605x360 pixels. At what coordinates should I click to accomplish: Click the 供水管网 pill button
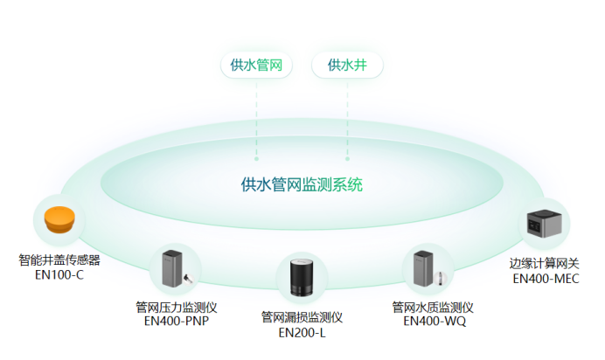pos(256,66)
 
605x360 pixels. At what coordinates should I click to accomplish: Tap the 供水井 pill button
pos(347,66)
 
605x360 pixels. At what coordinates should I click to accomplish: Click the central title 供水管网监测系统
pos(302,184)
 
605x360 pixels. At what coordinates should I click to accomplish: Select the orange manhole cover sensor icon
pos(59,218)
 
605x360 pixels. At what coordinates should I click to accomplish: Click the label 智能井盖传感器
pos(59,260)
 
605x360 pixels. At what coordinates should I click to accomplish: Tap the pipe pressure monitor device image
pos(175,270)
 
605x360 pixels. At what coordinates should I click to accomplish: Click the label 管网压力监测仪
pos(176,307)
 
